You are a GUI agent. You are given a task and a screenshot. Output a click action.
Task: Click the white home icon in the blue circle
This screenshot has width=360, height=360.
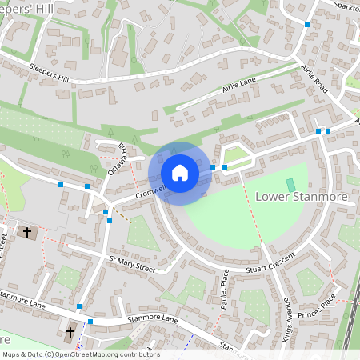[180, 173]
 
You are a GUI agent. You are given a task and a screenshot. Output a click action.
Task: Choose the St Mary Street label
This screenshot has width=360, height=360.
[131, 264]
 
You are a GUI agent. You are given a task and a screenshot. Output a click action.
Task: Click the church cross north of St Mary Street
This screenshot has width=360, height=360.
[27, 233]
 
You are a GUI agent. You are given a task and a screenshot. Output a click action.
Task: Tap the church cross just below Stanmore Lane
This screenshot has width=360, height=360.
[70, 332]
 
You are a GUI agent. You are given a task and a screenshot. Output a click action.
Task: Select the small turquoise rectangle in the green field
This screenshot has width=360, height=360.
[290, 185]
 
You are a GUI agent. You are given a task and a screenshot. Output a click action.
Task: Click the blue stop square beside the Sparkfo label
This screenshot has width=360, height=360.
[307, 25]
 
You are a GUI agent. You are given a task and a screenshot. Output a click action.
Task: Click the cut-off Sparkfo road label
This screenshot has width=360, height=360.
[340, 6]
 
